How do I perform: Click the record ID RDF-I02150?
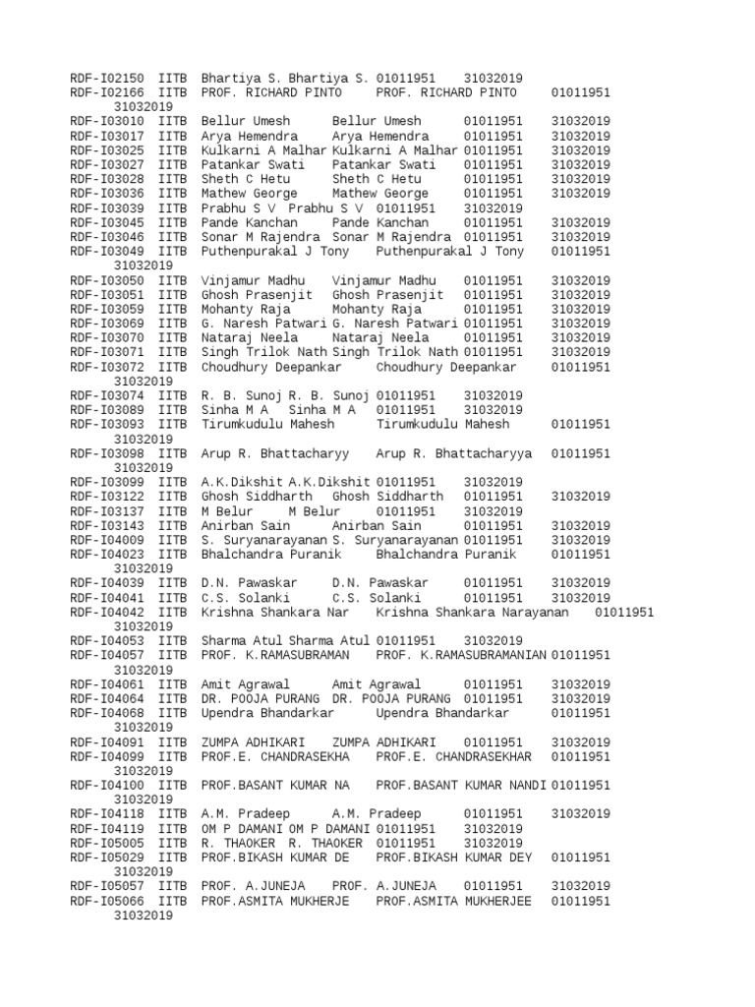coord(108,78)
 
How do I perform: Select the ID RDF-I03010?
coord(108,121)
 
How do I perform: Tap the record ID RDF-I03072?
coord(108,367)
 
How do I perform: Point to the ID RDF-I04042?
coord(108,612)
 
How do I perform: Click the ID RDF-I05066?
coord(108,901)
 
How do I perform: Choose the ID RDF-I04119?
coord(108,829)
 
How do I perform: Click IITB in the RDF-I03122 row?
coord(171,497)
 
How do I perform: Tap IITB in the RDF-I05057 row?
coord(171,886)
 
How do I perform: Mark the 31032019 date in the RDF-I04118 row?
coord(580,814)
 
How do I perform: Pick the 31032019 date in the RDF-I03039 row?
coord(494,207)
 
